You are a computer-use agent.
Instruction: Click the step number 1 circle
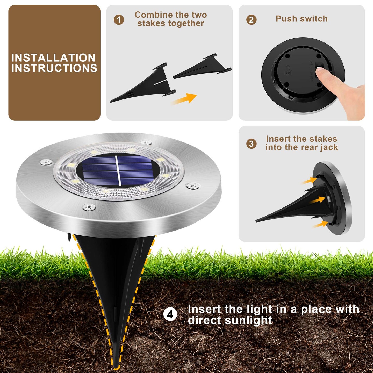click(x=119, y=20)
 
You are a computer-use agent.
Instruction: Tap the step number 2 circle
click(x=252, y=20)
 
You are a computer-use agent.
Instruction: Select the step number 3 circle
click(x=252, y=144)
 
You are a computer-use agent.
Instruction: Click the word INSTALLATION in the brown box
click(x=53, y=58)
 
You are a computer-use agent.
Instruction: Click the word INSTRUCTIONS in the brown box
click(x=54, y=68)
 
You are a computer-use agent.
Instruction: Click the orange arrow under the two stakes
click(x=184, y=99)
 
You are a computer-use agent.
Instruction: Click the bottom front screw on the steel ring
click(x=89, y=207)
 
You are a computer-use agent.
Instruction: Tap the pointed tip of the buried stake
click(x=116, y=367)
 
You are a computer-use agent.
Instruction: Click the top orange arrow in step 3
click(x=309, y=180)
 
